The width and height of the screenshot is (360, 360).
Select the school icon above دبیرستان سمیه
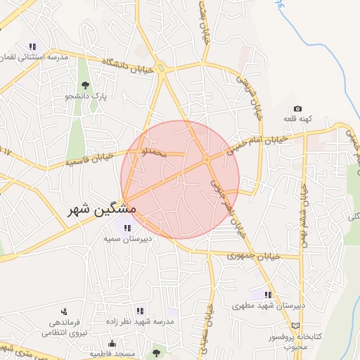tap(127, 227)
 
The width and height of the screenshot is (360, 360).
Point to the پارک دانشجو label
tap(84, 96)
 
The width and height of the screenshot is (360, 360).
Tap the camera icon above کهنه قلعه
tap(298, 109)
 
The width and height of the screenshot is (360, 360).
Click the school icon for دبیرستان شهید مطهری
tap(267, 295)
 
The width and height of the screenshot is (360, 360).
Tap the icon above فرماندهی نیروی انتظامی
tap(64, 311)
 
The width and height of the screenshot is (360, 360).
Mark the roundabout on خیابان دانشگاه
tap(162, 68)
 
